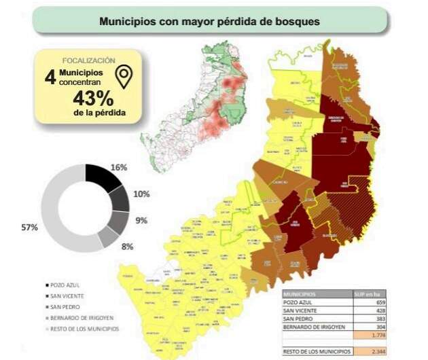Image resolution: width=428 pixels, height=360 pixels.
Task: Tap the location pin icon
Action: (x=124, y=77)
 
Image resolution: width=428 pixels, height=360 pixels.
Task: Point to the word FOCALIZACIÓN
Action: (x=88, y=60)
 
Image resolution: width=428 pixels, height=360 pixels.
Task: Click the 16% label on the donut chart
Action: (x=120, y=167)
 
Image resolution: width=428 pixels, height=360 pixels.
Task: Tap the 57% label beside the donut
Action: (x=29, y=228)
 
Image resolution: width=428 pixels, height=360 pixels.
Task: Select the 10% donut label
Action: (x=141, y=194)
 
